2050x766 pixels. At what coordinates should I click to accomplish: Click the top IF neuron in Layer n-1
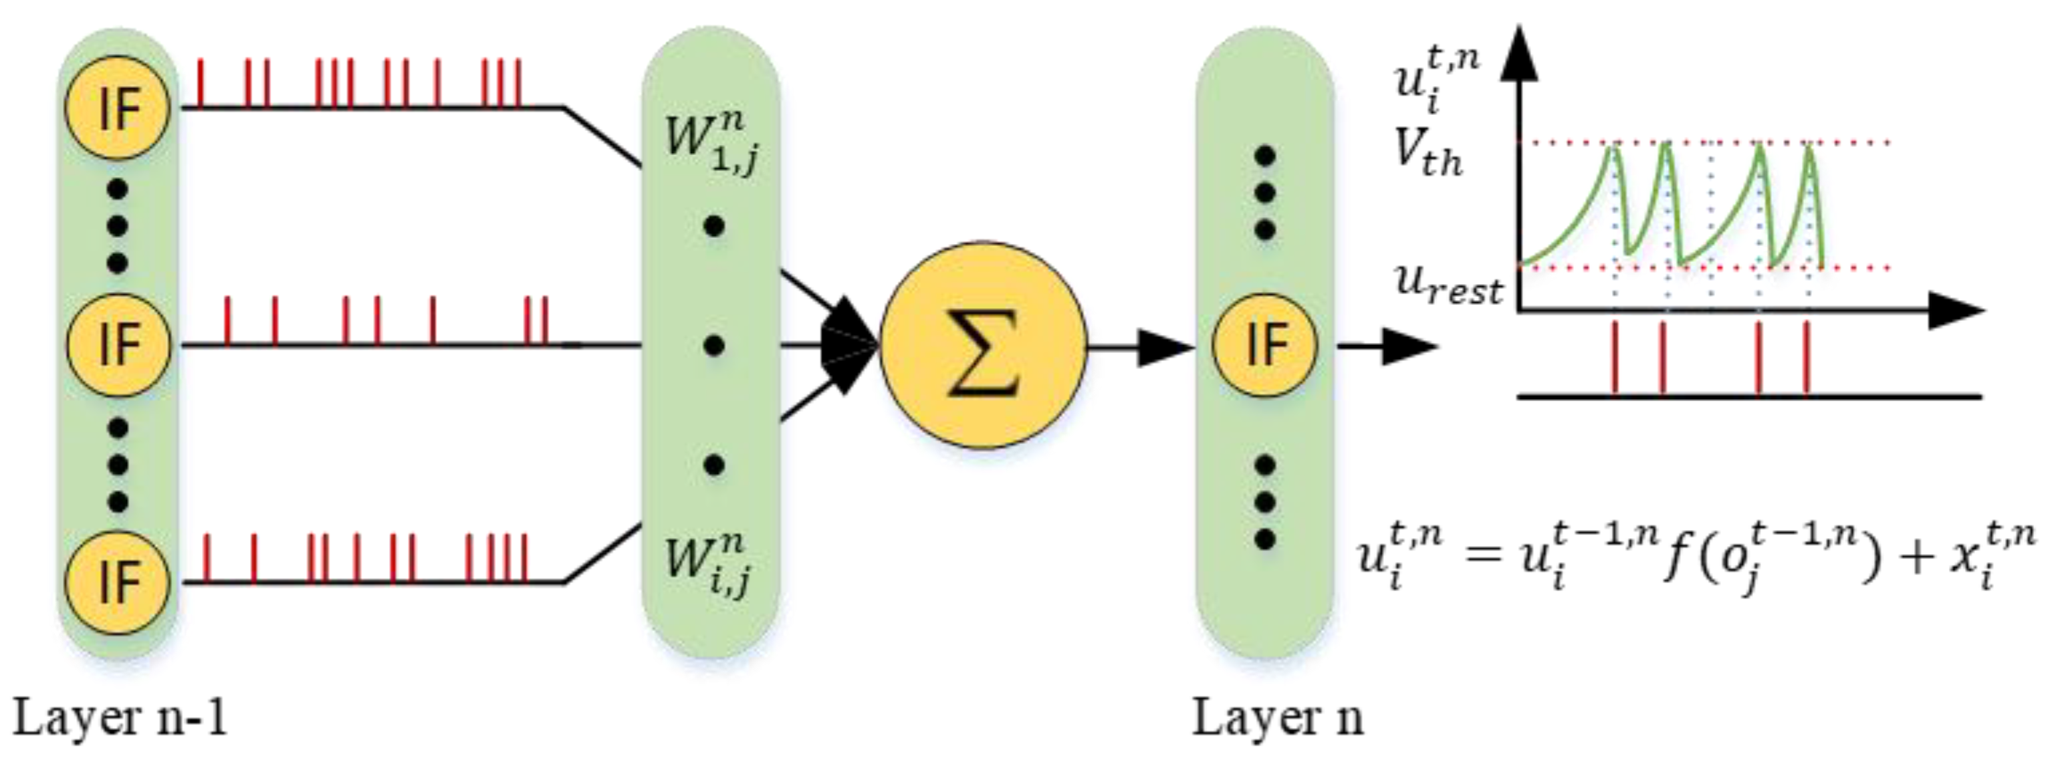(x=118, y=108)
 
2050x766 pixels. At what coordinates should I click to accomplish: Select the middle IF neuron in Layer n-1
(x=118, y=344)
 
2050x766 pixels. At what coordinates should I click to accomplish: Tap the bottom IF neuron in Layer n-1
(x=118, y=581)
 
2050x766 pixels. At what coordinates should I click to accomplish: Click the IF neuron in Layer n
(x=1264, y=344)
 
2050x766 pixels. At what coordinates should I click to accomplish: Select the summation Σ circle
(x=984, y=345)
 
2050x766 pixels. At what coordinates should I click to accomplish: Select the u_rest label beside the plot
(x=1448, y=285)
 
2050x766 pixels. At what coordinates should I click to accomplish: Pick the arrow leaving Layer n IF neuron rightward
(x=1388, y=347)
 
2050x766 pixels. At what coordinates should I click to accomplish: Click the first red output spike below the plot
(x=1615, y=358)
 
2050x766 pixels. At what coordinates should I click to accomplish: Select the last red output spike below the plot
(x=1806, y=358)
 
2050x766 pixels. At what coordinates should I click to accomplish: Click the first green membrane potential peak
(x=1613, y=148)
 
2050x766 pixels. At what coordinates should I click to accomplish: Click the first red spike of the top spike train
(x=200, y=83)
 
